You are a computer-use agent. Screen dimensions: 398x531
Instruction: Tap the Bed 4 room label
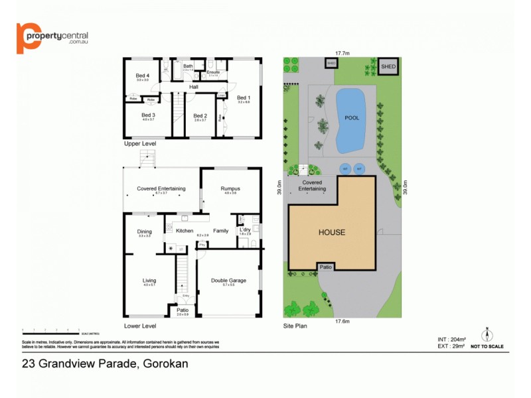143,76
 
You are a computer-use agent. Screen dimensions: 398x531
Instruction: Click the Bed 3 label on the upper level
147,115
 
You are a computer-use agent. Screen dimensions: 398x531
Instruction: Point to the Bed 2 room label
200,115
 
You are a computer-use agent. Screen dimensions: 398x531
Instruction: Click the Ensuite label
213,72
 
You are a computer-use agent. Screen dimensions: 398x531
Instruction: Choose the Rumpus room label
230,188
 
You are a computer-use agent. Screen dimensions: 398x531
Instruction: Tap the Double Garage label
228,280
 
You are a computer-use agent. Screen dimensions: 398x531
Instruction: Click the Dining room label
145,232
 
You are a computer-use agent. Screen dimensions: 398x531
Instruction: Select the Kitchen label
184,231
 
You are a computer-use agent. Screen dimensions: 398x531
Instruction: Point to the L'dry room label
244,230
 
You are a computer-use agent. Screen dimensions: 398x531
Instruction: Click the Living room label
149,281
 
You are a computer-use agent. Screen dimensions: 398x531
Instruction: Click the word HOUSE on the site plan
332,232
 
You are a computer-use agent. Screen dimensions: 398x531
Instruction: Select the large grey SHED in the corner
388,67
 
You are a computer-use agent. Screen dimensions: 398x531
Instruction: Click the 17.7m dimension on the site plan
342,53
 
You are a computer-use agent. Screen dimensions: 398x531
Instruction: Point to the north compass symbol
487,334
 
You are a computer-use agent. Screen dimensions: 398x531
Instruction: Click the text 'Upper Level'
140,143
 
